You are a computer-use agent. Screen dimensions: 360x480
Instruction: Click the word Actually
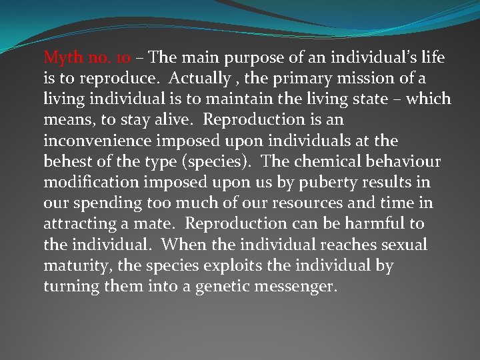pyautogui.click(x=197, y=79)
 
